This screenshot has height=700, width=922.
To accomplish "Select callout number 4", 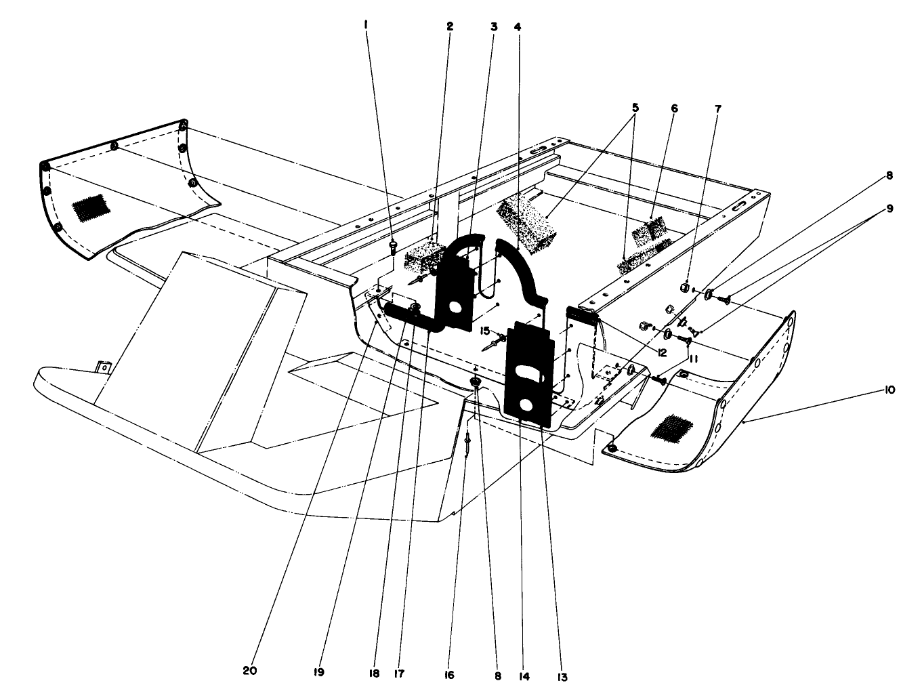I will (518, 27).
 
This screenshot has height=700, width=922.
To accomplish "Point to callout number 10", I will (889, 390).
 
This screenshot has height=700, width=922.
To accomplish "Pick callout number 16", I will (450, 675).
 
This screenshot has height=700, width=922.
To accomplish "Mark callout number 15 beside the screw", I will (485, 331).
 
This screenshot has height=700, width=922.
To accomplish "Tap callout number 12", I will (661, 352).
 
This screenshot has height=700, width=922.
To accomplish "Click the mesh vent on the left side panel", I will (92, 207).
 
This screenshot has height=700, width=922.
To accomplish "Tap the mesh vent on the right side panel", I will (671, 429).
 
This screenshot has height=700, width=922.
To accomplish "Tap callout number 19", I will (319, 673).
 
